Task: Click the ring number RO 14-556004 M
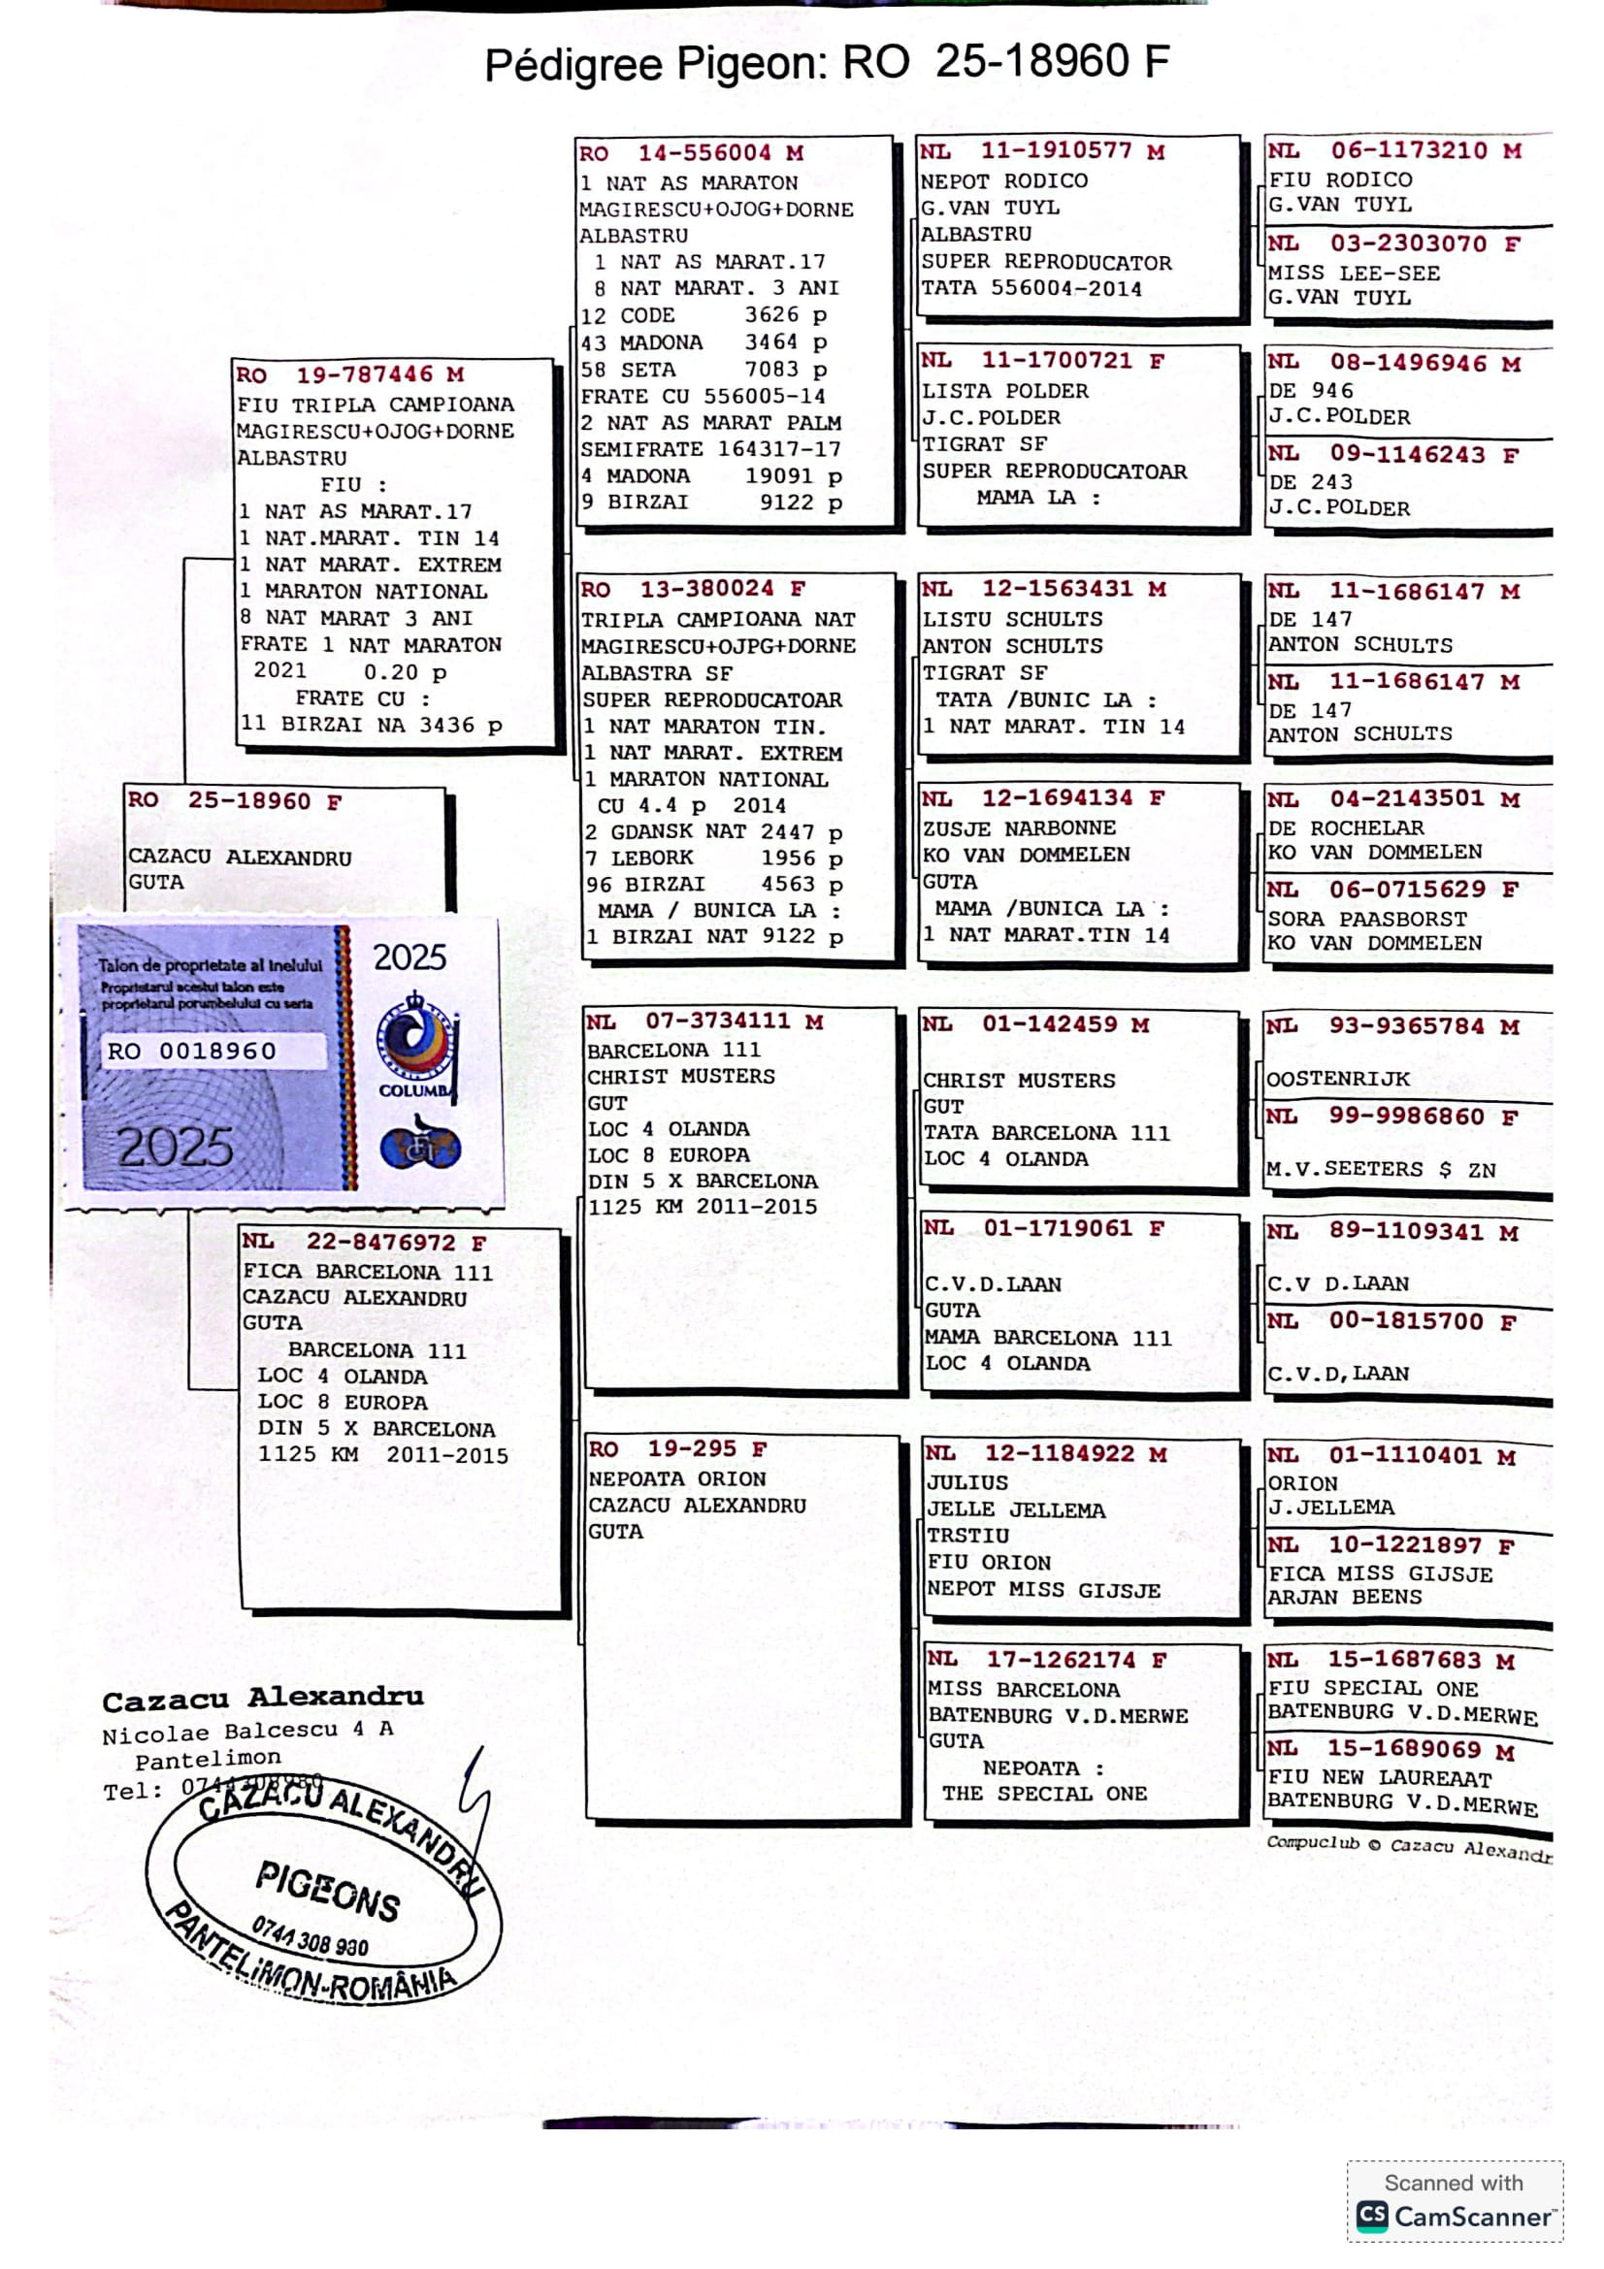click(x=691, y=153)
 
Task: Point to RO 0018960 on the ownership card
click(x=192, y=1051)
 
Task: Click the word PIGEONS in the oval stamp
click(x=328, y=1891)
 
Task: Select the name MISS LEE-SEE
click(x=1353, y=273)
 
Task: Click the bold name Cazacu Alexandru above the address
click(x=263, y=1698)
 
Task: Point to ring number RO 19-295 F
click(x=677, y=1448)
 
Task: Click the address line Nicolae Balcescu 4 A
click(x=247, y=1731)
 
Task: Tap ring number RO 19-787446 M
click(x=350, y=374)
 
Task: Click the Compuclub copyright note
click(x=1408, y=1846)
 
